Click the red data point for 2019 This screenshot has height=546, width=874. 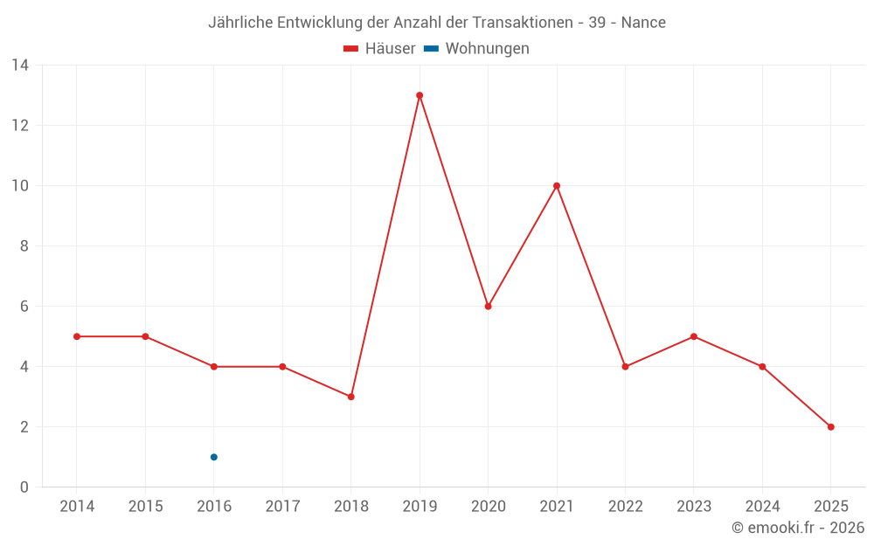pos(420,95)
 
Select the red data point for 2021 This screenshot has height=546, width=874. pos(557,186)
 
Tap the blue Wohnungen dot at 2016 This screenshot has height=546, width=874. pos(214,457)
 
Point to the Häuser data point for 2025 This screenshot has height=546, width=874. pos(830,427)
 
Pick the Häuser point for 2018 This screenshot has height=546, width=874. pos(351,397)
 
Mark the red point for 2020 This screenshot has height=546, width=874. pos(488,307)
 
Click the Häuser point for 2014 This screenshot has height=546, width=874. pos(77,336)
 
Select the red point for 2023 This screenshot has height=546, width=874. pos(694,336)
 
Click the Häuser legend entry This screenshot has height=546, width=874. pos(379,49)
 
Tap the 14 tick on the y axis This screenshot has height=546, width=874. pos(19,65)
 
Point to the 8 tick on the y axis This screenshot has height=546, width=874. pos(24,246)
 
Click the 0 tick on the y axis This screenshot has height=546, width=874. pos(24,487)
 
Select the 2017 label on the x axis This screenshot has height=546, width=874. pos(282,507)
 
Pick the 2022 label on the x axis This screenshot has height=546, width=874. pos(625,507)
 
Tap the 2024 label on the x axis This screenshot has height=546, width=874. pos(762,507)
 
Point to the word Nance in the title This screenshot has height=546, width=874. pos(643,23)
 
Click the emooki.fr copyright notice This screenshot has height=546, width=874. pos(798,528)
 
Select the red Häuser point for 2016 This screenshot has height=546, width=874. pos(214,367)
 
